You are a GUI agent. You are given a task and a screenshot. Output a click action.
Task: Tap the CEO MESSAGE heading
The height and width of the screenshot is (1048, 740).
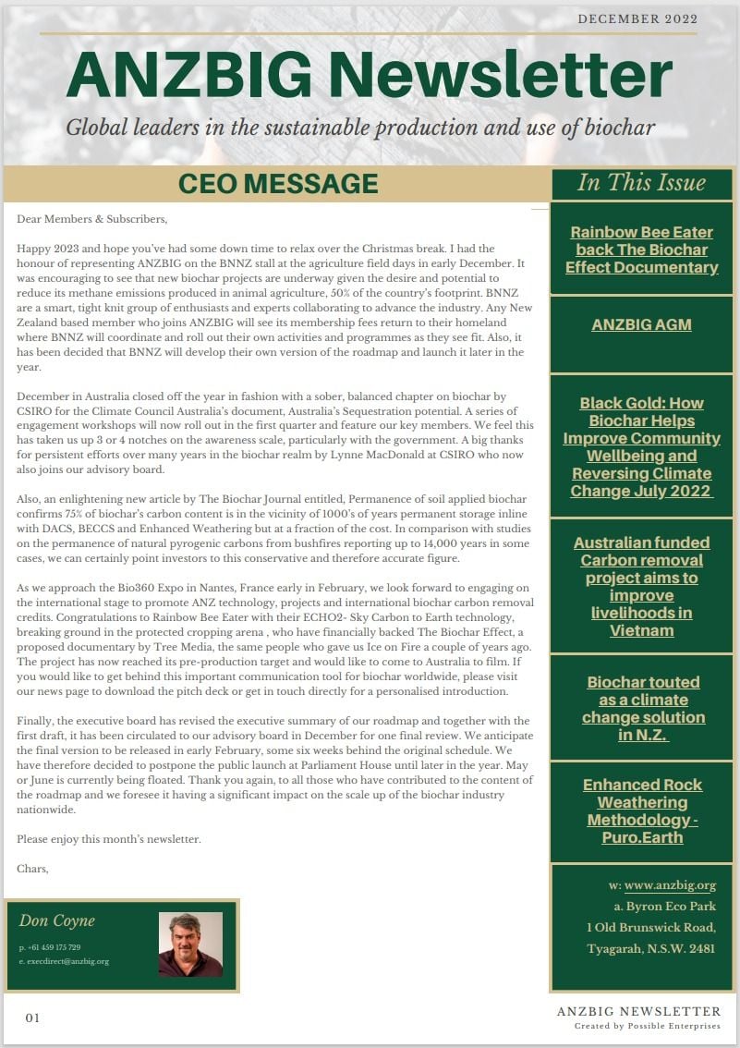tap(278, 183)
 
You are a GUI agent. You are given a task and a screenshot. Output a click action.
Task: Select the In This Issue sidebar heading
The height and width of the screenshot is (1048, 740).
tap(641, 182)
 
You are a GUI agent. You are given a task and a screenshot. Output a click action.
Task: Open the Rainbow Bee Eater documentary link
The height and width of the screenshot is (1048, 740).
tap(641, 250)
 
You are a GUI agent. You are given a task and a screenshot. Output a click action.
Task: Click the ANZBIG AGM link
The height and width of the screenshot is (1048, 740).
tap(641, 324)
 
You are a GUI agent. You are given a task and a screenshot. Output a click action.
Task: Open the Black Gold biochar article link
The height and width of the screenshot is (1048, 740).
tap(641, 446)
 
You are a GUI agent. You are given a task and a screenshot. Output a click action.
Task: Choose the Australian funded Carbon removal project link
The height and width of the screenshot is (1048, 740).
tap(641, 586)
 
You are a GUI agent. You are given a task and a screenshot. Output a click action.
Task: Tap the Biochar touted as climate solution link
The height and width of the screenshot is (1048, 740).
tap(643, 708)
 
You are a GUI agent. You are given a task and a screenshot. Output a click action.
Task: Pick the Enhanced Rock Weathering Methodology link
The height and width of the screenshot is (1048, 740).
tap(642, 810)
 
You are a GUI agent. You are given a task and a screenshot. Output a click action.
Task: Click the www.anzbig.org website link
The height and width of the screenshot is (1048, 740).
tap(670, 885)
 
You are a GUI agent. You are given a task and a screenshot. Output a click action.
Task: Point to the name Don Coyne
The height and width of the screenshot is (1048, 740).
tap(57, 920)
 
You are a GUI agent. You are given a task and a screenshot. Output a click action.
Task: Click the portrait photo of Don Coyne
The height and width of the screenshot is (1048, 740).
tap(190, 944)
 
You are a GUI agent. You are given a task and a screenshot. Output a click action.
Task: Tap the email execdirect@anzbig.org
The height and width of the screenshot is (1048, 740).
tap(65, 961)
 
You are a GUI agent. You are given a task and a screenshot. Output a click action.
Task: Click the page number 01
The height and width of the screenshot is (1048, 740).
tap(33, 1018)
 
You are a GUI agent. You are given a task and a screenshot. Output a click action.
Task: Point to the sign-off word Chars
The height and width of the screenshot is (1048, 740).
tap(32, 869)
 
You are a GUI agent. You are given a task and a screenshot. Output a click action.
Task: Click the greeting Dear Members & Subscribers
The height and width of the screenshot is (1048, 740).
tap(92, 219)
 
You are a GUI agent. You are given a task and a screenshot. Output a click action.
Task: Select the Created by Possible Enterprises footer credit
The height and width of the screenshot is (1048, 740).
tap(648, 1026)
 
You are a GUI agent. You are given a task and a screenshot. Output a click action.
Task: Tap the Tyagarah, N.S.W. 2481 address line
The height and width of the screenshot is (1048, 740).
tap(650, 949)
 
